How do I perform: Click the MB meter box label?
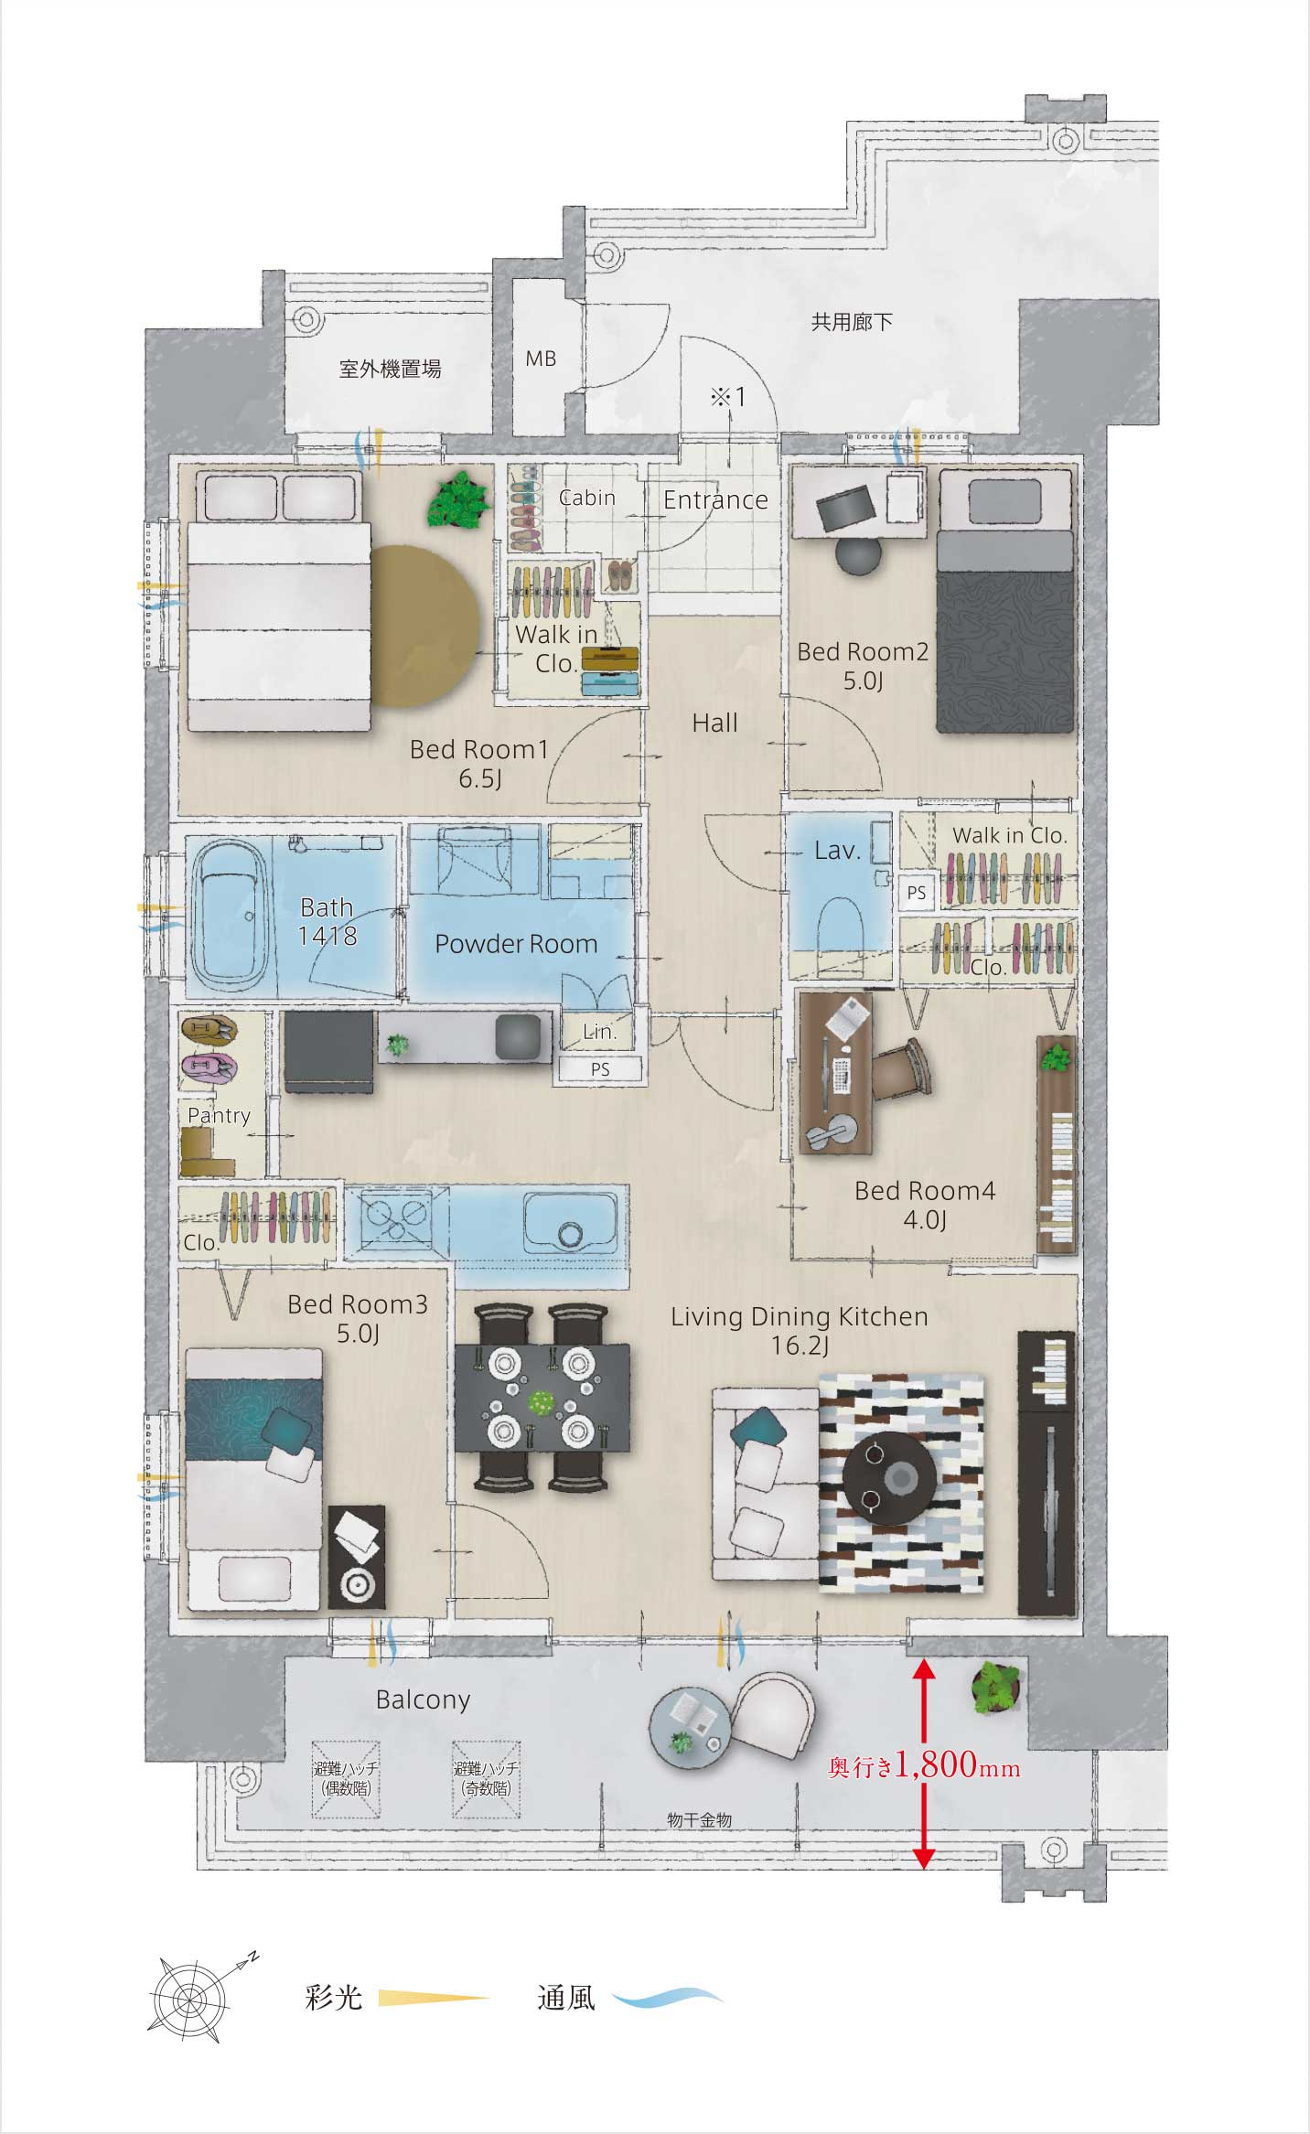(x=541, y=359)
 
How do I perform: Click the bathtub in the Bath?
(x=232, y=917)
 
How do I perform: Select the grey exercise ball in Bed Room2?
(x=858, y=556)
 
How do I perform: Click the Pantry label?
(x=219, y=1115)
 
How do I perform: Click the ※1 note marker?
(x=728, y=397)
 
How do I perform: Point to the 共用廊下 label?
(x=852, y=321)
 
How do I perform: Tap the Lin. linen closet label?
(x=600, y=1032)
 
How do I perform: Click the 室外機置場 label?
(x=391, y=369)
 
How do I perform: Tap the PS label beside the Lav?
(x=916, y=894)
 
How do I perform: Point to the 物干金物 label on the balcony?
(x=699, y=1820)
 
